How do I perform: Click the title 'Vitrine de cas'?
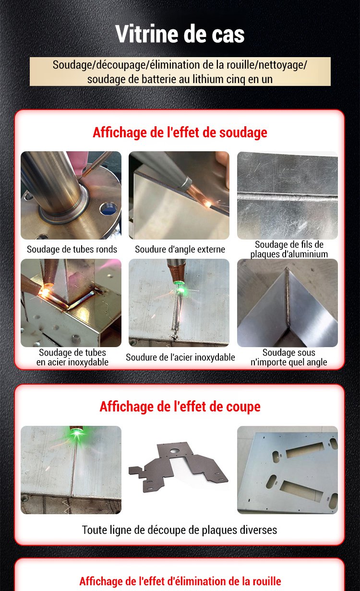point(180,34)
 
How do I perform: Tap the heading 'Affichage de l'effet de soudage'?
point(180,132)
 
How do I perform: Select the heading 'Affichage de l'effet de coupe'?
point(180,407)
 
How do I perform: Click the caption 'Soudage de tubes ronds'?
point(72,249)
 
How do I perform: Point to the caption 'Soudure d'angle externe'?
point(180,249)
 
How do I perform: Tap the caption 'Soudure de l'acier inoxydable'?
point(180,357)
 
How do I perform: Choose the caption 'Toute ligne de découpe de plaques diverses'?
point(180,530)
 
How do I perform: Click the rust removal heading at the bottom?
point(180,581)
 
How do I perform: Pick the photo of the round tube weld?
point(71,195)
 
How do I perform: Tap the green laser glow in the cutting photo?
point(76,433)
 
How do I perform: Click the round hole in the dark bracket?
point(174,451)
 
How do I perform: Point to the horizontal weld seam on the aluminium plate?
point(287,196)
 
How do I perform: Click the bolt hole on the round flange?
point(108,208)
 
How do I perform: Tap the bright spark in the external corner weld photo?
point(208,203)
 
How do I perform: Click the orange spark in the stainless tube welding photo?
point(44,291)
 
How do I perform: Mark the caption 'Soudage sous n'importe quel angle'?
point(289,357)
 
